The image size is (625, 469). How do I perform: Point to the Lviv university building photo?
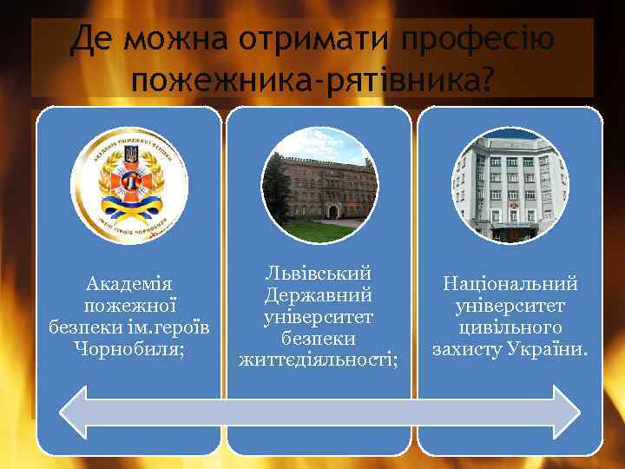click(319, 185)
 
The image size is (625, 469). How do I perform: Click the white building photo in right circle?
click(510, 185)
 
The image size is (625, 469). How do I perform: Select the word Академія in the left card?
click(128, 284)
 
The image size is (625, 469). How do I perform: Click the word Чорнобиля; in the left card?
click(128, 349)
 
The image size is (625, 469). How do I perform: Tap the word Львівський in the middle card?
click(319, 273)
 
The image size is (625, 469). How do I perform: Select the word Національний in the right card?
click(510, 284)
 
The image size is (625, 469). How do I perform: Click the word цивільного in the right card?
click(510, 327)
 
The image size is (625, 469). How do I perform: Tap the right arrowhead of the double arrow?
click(564, 412)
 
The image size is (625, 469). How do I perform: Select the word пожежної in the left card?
click(128, 306)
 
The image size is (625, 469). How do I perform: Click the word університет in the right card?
click(510, 306)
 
